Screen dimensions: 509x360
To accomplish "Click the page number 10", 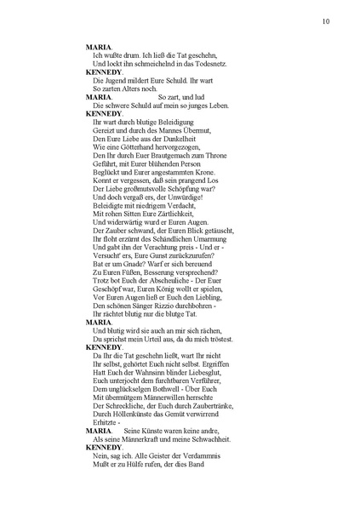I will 326,21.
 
